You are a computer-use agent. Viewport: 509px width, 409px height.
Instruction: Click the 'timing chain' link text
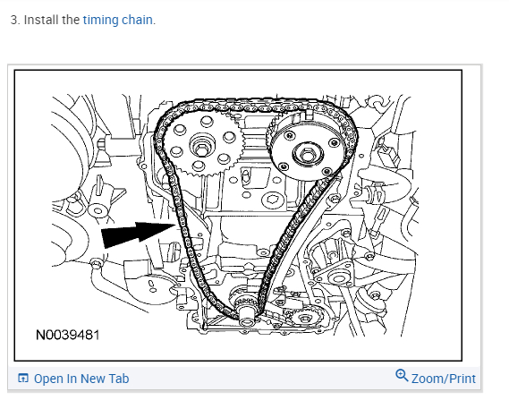click(117, 21)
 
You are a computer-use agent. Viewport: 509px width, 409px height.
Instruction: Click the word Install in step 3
click(42, 20)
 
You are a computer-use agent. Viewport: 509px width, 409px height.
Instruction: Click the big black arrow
click(139, 234)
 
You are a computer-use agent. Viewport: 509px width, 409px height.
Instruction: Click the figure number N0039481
click(67, 335)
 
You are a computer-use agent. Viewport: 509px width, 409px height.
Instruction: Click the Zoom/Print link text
click(444, 379)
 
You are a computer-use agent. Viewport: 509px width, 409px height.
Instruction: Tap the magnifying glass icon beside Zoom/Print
click(402, 376)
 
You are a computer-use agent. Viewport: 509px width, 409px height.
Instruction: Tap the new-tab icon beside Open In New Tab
click(22, 379)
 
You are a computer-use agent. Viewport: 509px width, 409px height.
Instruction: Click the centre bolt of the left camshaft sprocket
click(201, 149)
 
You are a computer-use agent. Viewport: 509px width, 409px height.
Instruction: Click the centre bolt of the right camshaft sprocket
click(307, 154)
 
